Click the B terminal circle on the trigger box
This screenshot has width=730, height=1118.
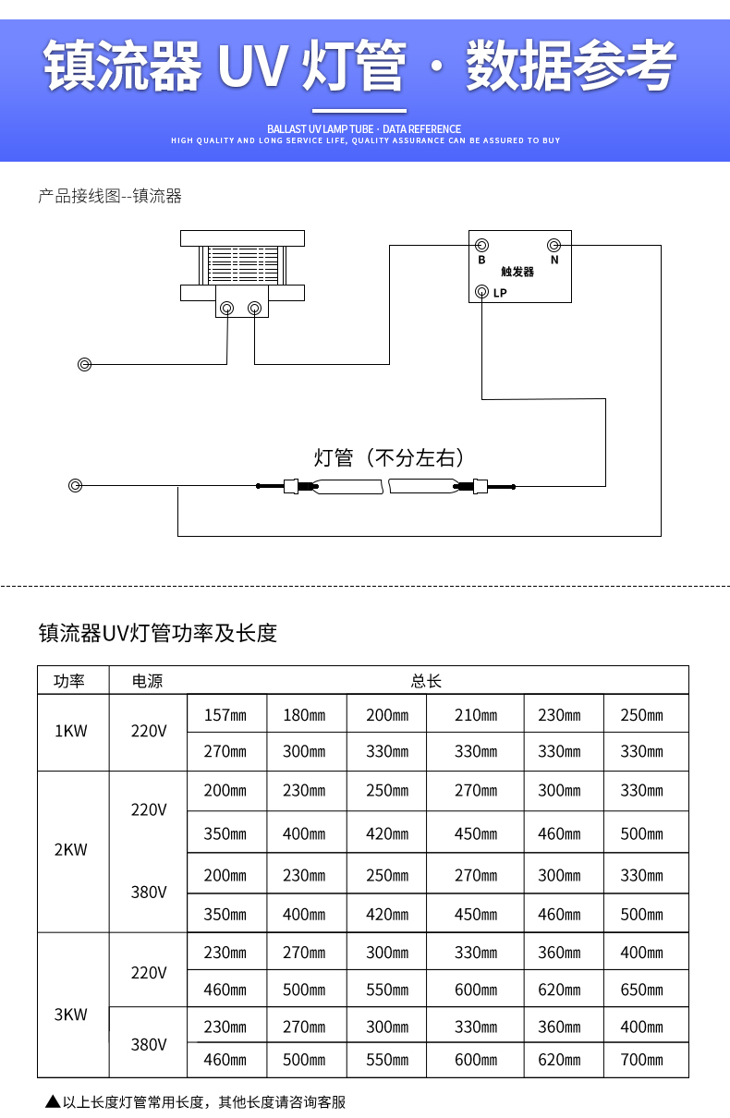[x=481, y=245]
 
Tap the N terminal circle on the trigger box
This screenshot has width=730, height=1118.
[x=554, y=245]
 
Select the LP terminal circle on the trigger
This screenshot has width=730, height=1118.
[x=481, y=292]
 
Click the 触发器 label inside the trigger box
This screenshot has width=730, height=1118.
[x=517, y=272]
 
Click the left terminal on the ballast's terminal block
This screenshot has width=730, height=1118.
[x=226, y=308]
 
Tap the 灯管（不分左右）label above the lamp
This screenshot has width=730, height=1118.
[x=389, y=457]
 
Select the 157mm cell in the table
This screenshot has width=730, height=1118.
[x=225, y=715]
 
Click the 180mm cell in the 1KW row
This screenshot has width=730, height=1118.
[x=305, y=715]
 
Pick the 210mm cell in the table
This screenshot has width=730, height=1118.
[x=475, y=715]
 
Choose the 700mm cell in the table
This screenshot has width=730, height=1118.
[x=641, y=1060]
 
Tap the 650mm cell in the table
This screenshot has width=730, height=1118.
[x=641, y=990]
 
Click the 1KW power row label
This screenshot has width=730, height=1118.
[x=71, y=731]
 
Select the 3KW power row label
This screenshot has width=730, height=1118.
[x=71, y=1014]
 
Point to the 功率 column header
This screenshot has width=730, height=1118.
[x=69, y=681]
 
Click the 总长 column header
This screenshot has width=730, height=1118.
[x=426, y=681]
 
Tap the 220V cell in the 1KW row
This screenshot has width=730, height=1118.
[x=149, y=731]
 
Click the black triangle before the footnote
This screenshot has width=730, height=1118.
[x=52, y=1101]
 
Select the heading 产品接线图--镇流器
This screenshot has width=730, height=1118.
[x=110, y=196]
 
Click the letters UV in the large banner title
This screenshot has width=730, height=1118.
[x=250, y=67]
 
